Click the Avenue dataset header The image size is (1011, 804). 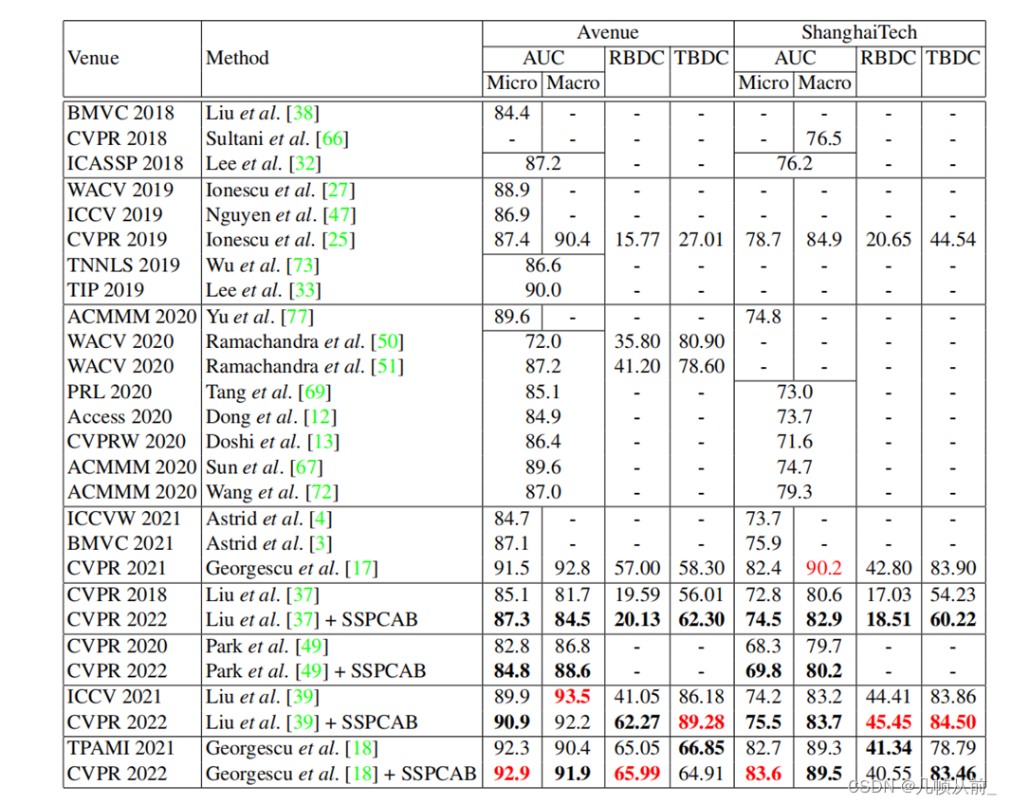click(x=607, y=33)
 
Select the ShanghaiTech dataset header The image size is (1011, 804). click(x=858, y=33)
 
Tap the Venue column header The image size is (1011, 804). click(x=93, y=58)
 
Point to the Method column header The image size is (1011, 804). click(x=237, y=58)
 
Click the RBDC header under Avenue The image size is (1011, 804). click(x=637, y=58)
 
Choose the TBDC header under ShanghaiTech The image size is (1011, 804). click(x=952, y=58)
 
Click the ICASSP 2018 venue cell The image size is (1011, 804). click(x=125, y=163)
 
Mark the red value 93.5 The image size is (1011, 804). click(x=573, y=697)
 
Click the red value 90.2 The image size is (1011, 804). click(x=824, y=569)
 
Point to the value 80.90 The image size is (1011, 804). click(x=701, y=341)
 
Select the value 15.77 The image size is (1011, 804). click(x=637, y=240)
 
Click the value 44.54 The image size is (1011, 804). click(x=952, y=240)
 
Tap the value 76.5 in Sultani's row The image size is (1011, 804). click(x=824, y=138)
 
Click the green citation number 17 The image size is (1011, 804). click(x=360, y=569)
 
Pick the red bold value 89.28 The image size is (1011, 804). click(x=701, y=722)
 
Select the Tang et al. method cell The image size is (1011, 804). click(x=268, y=392)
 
